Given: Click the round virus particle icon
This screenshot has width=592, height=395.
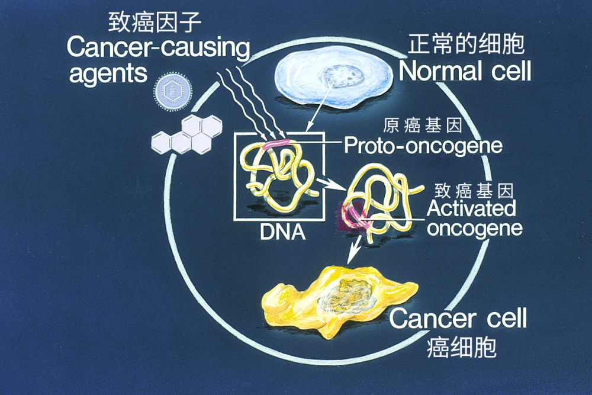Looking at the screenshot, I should point(172,90).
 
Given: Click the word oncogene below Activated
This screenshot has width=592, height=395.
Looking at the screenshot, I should point(474,228).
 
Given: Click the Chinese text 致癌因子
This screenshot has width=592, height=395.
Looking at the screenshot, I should point(156,23).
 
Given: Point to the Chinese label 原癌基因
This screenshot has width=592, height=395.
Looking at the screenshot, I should point(422,127).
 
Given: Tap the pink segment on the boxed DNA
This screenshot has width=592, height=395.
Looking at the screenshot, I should point(275,143).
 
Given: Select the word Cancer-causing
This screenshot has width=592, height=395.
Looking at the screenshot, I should point(158,48).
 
